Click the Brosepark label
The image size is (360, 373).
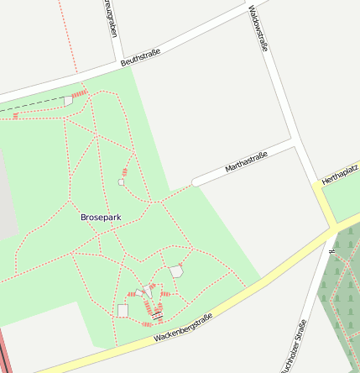point(101,217)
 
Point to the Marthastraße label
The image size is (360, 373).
point(246,162)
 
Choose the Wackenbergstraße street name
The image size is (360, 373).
point(183,328)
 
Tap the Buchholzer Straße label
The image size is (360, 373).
point(293,346)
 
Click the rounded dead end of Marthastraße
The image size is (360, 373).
point(196,181)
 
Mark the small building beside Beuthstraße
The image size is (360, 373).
point(68,102)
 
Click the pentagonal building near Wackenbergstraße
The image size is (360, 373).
point(176,271)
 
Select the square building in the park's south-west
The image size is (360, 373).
point(123,311)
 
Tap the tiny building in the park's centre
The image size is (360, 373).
point(122,181)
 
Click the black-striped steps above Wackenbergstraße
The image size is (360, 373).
point(156,315)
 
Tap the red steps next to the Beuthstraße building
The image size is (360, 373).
point(80,93)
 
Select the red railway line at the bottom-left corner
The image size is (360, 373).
point(3,353)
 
